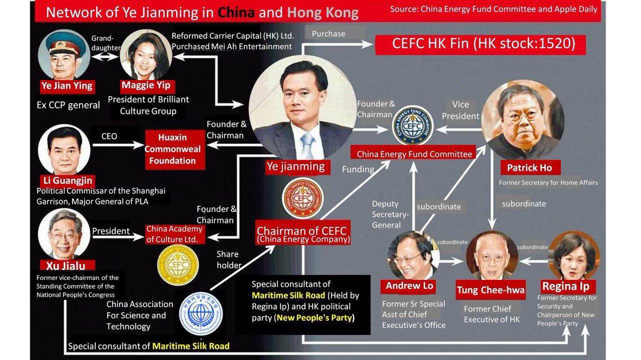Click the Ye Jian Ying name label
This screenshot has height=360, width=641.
point(67,85)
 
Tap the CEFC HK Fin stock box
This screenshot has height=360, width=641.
point(481,44)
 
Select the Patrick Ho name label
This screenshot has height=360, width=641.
point(529,168)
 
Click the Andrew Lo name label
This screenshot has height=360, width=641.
point(409,286)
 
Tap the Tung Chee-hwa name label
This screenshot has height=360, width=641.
point(490,291)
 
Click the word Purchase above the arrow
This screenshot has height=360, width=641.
point(329,34)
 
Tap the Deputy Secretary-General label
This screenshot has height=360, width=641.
point(390,214)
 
